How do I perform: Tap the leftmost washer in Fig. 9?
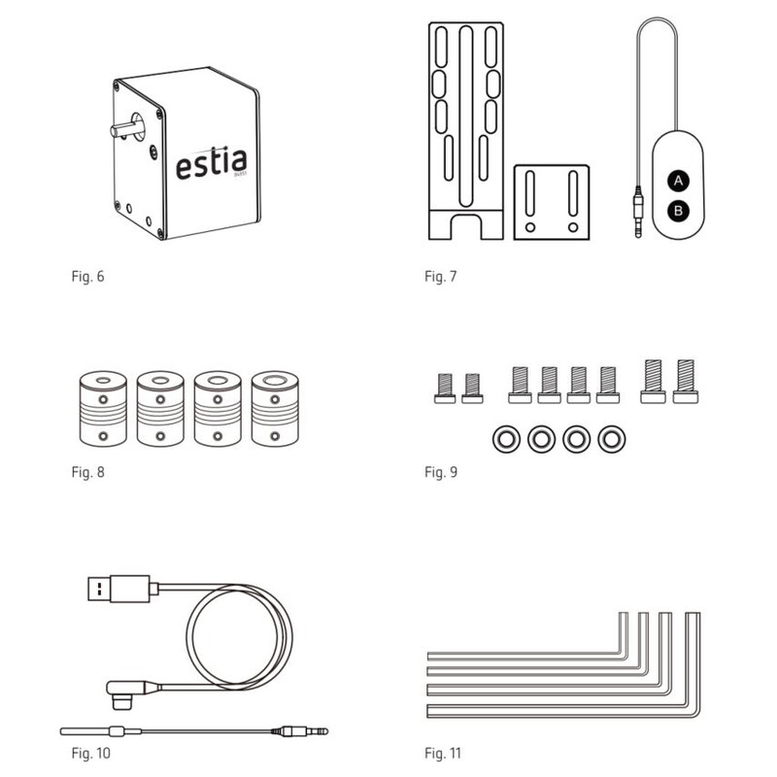(x=504, y=439)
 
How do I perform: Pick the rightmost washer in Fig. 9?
(x=610, y=439)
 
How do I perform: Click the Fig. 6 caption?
(x=87, y=277)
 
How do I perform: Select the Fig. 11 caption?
(x=443, y=753)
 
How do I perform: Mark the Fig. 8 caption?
(x=87, y=473)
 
